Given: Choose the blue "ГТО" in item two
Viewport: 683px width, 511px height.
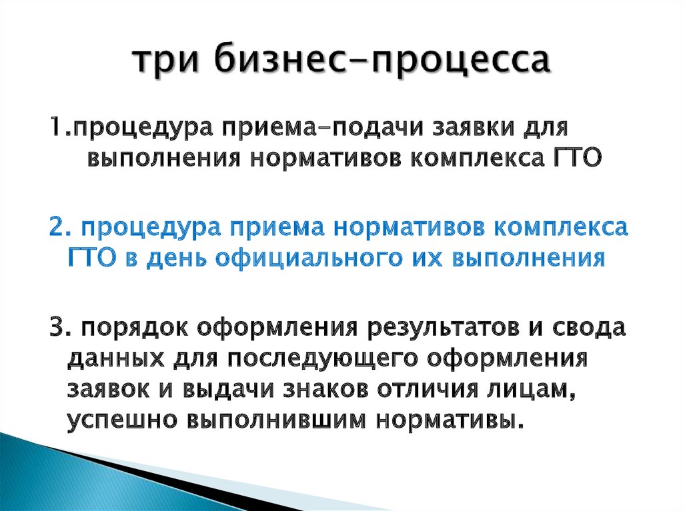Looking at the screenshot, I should click(91, 256).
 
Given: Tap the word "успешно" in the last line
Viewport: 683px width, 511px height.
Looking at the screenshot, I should click(120, 422).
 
